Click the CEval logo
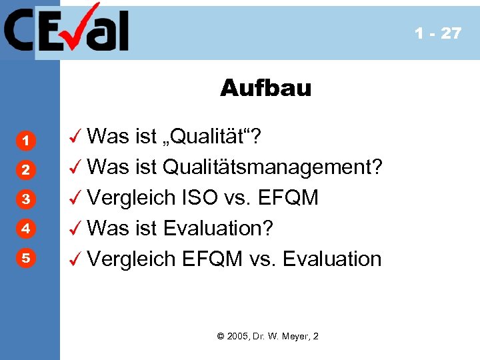click(x=67, y=29)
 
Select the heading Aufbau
click(x=265, y=88)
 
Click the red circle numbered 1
click(x=24, y=141)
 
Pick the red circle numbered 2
click(x=24, y=170)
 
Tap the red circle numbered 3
click(x=24, y=199)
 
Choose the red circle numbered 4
click(x=24, y=229)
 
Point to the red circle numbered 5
click(x=24, y=258)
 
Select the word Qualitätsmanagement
click(x=273, y=167)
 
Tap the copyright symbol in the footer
click(x=221, y=336)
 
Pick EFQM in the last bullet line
click(x=213, y=259)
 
